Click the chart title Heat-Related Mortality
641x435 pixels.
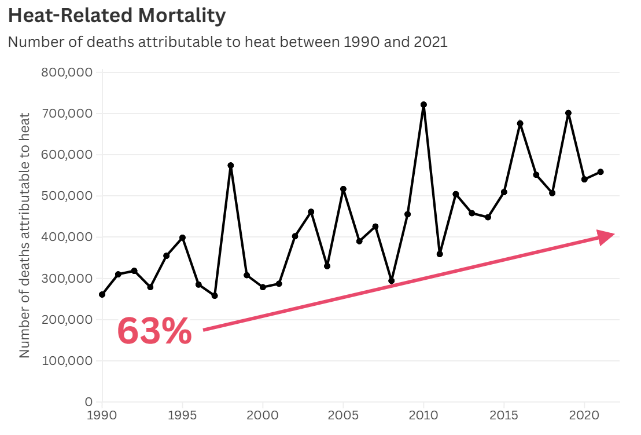tap(116, 16)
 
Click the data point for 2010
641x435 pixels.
tap(423, 105)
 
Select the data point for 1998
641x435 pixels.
tap(231, 166)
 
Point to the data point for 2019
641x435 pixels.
tap(568, 113)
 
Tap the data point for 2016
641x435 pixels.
tap(520, 123)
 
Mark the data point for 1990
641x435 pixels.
tap(102, 294)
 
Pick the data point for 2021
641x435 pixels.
tap(601, 172)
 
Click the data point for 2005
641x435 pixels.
tap(343, 189)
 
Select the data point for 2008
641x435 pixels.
tap(392, 281)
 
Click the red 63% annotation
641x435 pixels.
tap(154, 331)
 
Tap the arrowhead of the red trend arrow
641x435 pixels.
tap(605, 237)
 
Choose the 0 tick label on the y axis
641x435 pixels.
tap(89, 402)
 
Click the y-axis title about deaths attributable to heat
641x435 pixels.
tap(25, 236)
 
